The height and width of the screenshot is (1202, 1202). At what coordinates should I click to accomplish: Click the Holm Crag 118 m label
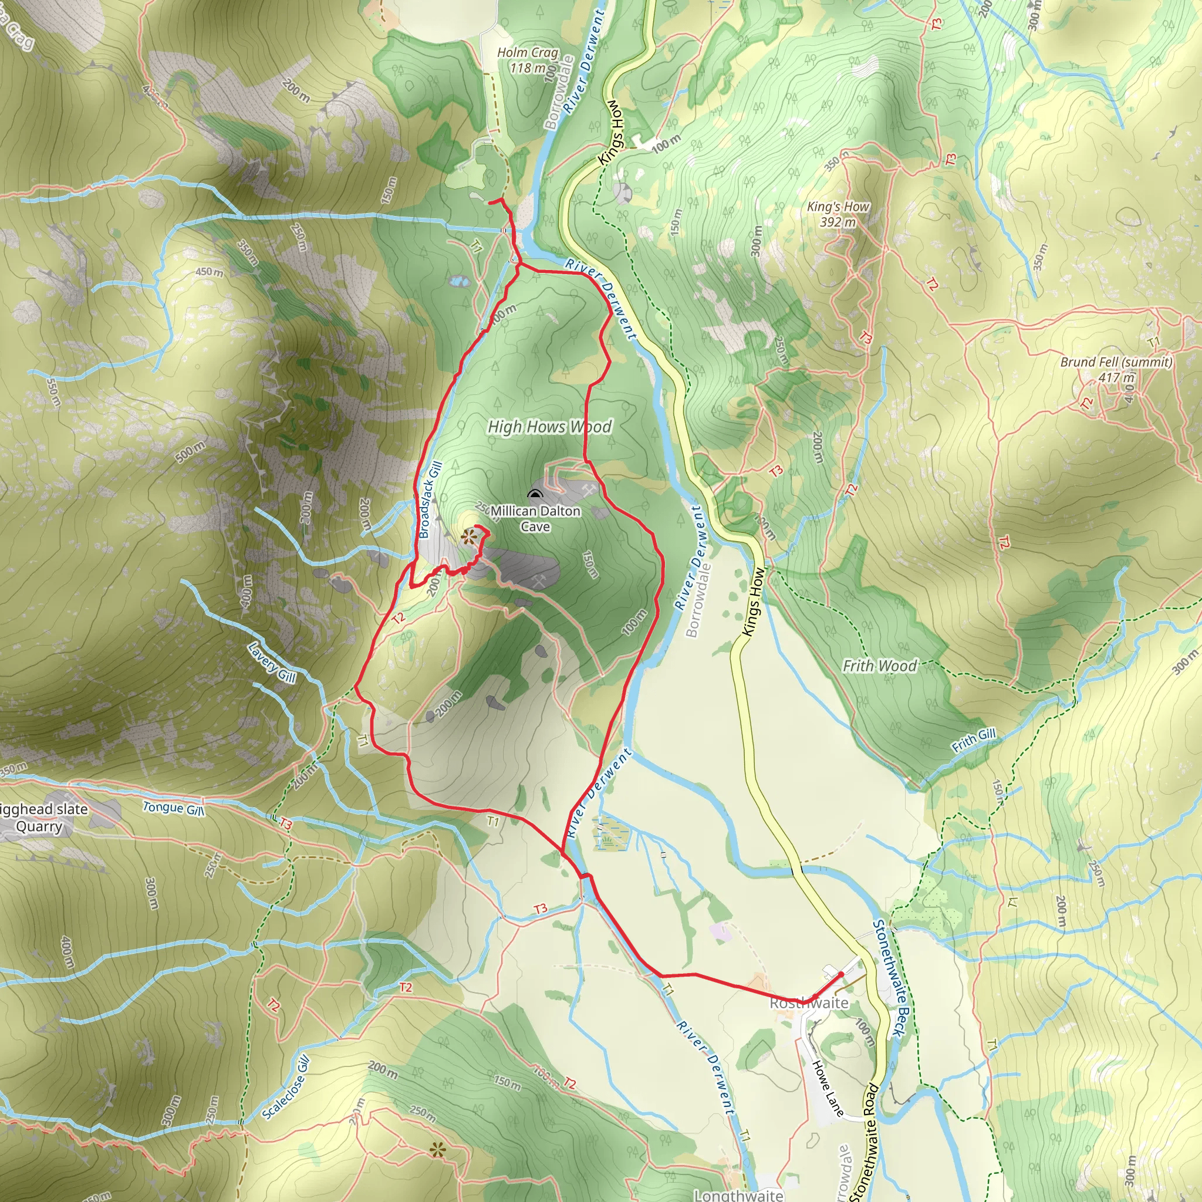pyautogui.click(x=528, y=60)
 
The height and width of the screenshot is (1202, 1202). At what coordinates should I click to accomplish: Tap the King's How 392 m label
pyautogui.click(x=838, y=214)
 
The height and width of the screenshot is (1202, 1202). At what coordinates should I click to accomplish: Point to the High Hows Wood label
pyautogui.click(x=549, y=427)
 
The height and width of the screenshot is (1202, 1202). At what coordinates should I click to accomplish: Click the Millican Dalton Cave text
pyautogui.click(x=535, y=519)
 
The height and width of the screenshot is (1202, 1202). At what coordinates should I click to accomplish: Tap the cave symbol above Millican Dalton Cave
pyautogui.click(x=535, y=495)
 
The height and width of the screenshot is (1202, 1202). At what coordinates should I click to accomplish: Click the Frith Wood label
pyautogui.click(x=879, y=666)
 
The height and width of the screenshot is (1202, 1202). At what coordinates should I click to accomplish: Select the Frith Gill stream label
pyautogui.click(x=974, y=740)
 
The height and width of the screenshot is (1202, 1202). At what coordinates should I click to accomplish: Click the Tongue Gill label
pyautogui.click(x=173, y=808)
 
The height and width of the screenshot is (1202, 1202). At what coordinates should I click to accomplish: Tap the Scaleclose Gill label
pyautogui.click(x=286, y=1088)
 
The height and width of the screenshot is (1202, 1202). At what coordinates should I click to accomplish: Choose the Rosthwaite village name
pyautogui.click(x=809, y=1003)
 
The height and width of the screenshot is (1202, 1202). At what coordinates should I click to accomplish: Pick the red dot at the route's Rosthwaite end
pyautogui.click(x=841, y=974)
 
